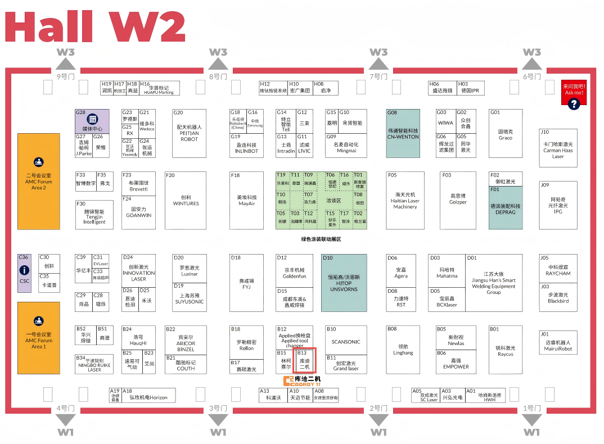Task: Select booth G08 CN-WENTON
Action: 403,133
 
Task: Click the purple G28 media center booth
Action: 92,121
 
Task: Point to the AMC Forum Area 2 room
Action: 39,181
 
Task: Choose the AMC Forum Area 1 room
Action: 39,338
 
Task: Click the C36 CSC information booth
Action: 24,273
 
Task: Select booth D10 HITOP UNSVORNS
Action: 344,283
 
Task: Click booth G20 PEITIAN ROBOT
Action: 190,133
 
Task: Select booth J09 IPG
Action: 558,205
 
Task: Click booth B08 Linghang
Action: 403,350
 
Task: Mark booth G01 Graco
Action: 505,133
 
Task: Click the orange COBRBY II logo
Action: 303,381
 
